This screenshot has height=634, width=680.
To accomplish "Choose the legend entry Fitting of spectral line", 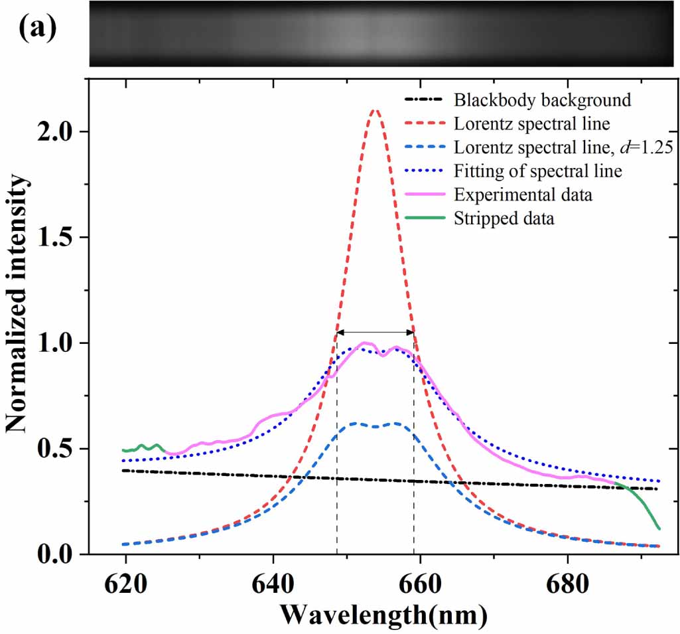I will click(x=538, y=171).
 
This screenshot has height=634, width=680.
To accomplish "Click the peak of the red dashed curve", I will click(x=375, y=110).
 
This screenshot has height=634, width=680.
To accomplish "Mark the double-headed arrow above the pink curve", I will click(x=375, y=332).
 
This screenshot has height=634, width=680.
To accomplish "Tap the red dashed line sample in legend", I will click(x=425, y=124).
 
